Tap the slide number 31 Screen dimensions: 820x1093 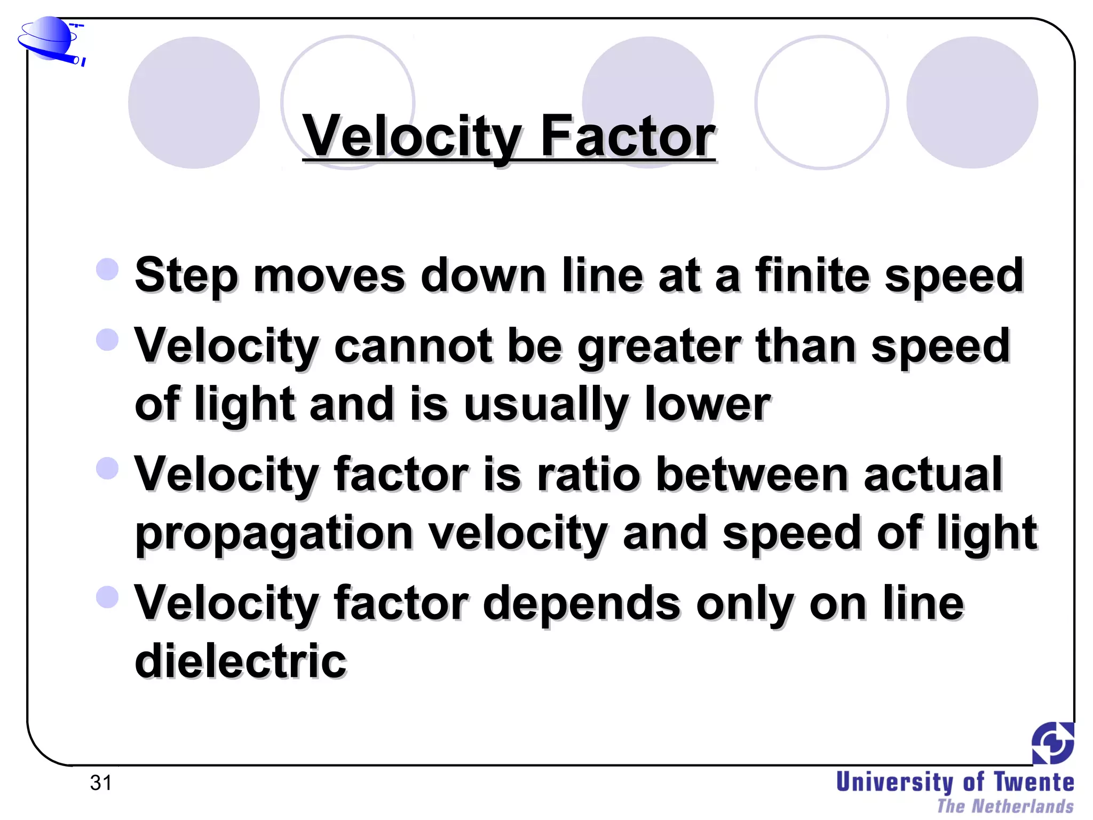tap(101, 783)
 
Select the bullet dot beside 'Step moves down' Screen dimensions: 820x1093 tap(107, 269)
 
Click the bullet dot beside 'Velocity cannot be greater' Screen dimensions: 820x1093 tap(107, 340)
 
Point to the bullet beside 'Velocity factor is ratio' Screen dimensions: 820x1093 tap(107, 468)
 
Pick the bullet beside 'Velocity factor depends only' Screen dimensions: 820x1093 tap(107, 597)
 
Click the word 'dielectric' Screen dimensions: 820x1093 tap(241, 661)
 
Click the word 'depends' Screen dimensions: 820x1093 tap(582, 603)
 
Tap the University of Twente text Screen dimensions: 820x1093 tap(955, 782)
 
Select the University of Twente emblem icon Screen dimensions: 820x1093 tap(1052, 743)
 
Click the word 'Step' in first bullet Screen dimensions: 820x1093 tap(186, 277)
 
